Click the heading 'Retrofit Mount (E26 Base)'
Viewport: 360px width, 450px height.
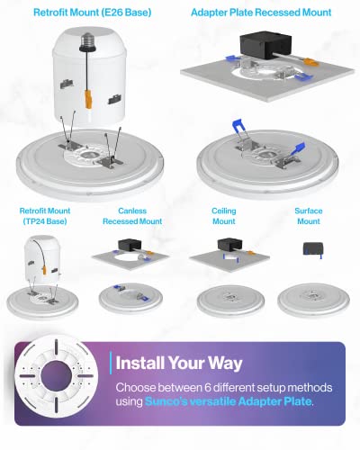tap(92, 13)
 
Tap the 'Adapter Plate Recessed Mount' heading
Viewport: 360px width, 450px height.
tap(261, 13)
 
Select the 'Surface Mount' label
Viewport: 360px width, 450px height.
tap(309, 216)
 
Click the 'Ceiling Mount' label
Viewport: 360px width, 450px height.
tap(224, 216)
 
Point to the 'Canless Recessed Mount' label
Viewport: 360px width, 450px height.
tap(132, 216)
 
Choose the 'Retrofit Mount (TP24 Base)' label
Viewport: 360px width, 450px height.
tap(45, 216)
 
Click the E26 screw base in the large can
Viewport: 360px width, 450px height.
tap(87, 41)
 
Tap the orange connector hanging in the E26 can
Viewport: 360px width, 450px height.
tap(88, 98)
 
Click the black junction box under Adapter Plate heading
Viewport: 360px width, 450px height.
tap(265, 45)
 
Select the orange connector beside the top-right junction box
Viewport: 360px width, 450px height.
tap(310, 62)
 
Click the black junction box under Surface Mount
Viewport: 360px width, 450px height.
tap(313, 248)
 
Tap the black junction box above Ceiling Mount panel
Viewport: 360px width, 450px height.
tap(229, 244)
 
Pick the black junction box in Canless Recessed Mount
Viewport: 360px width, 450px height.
tap(130, 245)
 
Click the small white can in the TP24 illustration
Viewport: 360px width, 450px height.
tap(43, 259)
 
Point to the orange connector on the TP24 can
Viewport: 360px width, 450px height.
tap(44, 270)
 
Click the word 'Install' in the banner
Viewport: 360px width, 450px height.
tap(139, 363)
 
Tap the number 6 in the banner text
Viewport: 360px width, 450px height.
tap(208, 388)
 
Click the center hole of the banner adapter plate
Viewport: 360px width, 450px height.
tap(56, 376)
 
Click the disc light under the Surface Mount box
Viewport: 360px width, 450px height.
tap(313, 300)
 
